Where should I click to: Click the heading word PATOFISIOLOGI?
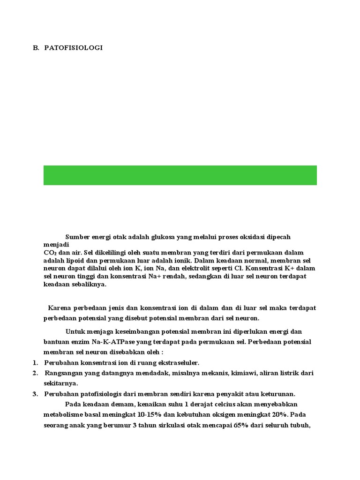74,48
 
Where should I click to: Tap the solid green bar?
180,175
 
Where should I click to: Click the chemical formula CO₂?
50,253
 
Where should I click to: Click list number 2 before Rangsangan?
35,373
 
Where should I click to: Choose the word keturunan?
277,394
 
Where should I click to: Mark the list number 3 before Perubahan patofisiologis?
35,394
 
